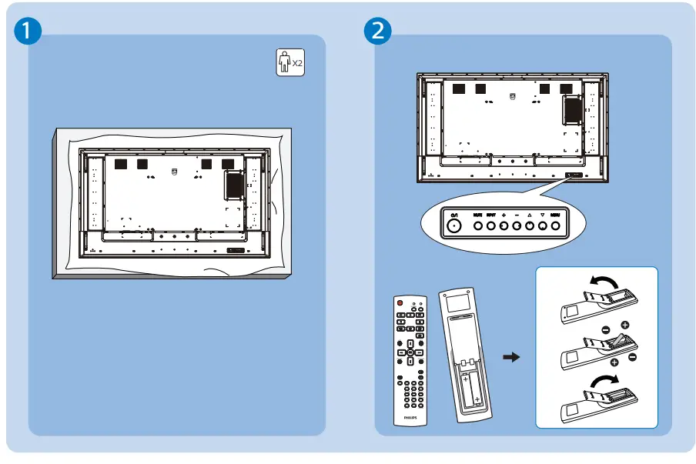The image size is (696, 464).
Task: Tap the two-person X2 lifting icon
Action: (x=290, y=62)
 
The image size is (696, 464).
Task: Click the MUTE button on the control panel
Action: (x=478, y=226)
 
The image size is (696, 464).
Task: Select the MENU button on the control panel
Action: (x=555, y=226)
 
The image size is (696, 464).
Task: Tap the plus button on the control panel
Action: (x=504, y=226)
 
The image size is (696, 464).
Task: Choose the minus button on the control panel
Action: (x=517, y=226)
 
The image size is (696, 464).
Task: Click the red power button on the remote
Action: (x=400, y=303)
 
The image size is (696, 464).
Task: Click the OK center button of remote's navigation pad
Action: (x=410, y=351)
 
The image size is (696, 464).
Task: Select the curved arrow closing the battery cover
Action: (x=602, y=382)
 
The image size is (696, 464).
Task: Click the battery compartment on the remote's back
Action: (x=470, y=388)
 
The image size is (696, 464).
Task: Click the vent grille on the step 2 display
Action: (x=571, y=108)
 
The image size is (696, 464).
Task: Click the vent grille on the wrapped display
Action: (x=234, y=185)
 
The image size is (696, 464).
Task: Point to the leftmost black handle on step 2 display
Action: (x=459, y=88)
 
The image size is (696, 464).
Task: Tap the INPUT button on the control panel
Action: (x=491, y=226)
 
